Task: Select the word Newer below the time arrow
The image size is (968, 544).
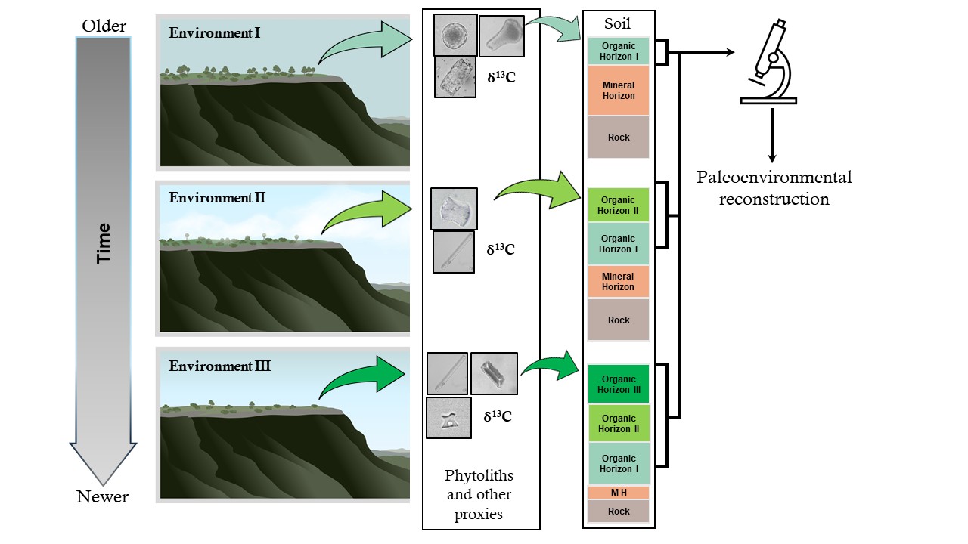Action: [x=103, y=496]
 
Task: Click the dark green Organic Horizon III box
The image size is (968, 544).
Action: [x=619, y=384]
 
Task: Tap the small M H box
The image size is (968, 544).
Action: [x=619, y=493]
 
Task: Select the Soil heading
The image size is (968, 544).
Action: [x=618, y=23]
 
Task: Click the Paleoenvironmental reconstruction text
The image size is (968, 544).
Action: [x=774, y=188]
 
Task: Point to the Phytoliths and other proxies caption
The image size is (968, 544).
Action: [x=479, y=495]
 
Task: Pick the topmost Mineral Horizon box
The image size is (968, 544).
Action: [x=619, y=91]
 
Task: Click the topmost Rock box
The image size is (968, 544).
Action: [x=619, y=138]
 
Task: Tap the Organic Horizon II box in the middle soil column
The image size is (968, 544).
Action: [x=619, y=206]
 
